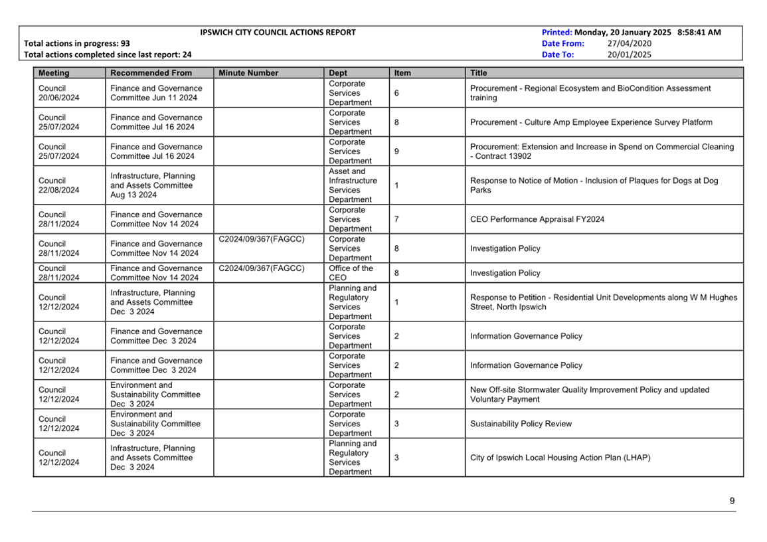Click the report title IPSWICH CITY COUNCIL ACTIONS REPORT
pos(278,32)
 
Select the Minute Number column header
pos(248,73)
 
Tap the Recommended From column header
pos(151,73)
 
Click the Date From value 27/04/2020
pos(630,43)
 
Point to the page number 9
pos(732,501)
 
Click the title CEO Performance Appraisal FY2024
pos(537,219)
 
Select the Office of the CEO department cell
pos(351,273)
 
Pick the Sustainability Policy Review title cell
pos(521,424)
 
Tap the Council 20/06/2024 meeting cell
pos(58,93)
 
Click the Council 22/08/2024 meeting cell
pos(58,185)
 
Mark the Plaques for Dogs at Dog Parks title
pos(594,185)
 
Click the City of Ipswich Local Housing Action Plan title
pos(560,458)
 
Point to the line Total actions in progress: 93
pos(77,43)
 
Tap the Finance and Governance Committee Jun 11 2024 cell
pos(156,93)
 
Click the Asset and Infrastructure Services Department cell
pos(353,185)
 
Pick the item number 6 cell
pos(396,93)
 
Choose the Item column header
pos(402,73)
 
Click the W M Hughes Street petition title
pos(603,302)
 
